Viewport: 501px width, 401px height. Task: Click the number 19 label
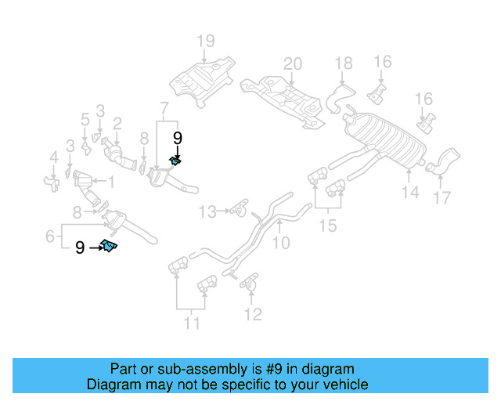click(205, 41)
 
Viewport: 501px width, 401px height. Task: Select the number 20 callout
click(291, 63)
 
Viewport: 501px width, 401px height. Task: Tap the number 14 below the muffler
click(410, 192)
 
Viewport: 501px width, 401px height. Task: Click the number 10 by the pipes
click(279, 244)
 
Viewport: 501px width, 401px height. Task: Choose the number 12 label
click(251, 315)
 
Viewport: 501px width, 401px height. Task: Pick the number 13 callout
click(207, 211)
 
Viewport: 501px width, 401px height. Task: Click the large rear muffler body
click(385, 139)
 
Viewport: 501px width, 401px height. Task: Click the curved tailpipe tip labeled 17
click(442, 160)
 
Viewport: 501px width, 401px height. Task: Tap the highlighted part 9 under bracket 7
click(176, 161)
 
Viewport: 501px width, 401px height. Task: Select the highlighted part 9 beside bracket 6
click(109, 247)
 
